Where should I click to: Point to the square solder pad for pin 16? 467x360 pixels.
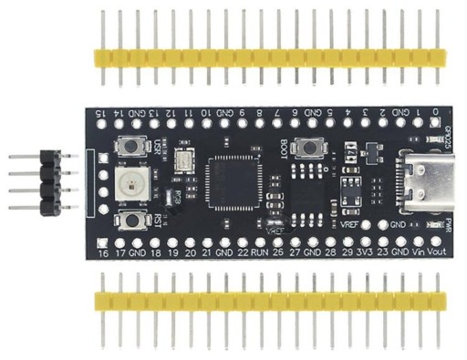[x=103, y=240]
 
